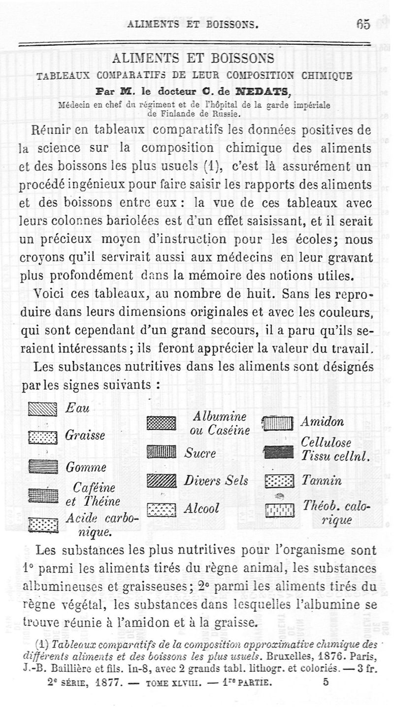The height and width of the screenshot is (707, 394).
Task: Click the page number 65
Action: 363,24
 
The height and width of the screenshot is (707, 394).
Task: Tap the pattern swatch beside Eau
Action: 43,409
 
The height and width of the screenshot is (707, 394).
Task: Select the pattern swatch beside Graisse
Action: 43,437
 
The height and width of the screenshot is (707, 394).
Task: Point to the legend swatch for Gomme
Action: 43,466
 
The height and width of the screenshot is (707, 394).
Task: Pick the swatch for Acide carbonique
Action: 43,525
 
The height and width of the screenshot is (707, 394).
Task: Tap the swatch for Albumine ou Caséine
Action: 161,423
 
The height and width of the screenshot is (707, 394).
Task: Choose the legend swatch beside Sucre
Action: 161,452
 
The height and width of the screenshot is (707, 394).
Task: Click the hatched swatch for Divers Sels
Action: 161,480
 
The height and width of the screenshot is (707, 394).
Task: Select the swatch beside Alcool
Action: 161,509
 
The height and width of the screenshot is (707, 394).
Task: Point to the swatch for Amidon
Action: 278,423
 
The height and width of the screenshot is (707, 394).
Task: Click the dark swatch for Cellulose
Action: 278,451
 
